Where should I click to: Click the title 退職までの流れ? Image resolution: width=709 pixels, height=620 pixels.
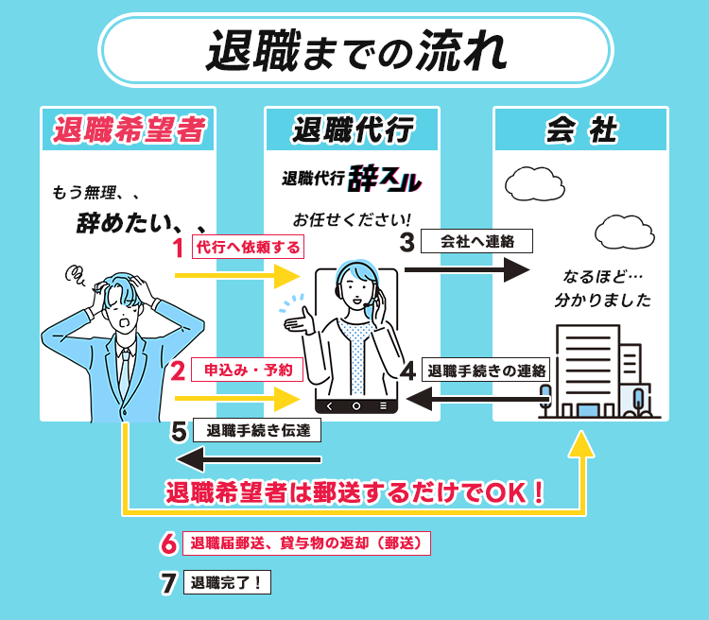coord(355,49)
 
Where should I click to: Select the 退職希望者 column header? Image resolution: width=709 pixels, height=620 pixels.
coord(129,129)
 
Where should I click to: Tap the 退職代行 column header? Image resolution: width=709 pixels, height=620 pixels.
coord(353,129)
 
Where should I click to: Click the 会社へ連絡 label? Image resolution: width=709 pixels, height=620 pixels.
coord(477,242)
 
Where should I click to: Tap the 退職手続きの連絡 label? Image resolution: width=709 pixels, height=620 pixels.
coord(486,370)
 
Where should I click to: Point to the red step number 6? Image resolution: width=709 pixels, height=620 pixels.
coord(168,544)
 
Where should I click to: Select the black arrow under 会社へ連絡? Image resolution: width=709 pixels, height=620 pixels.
coord(465,270)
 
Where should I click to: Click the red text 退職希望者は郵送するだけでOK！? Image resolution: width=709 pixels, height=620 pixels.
coord(355,493)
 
